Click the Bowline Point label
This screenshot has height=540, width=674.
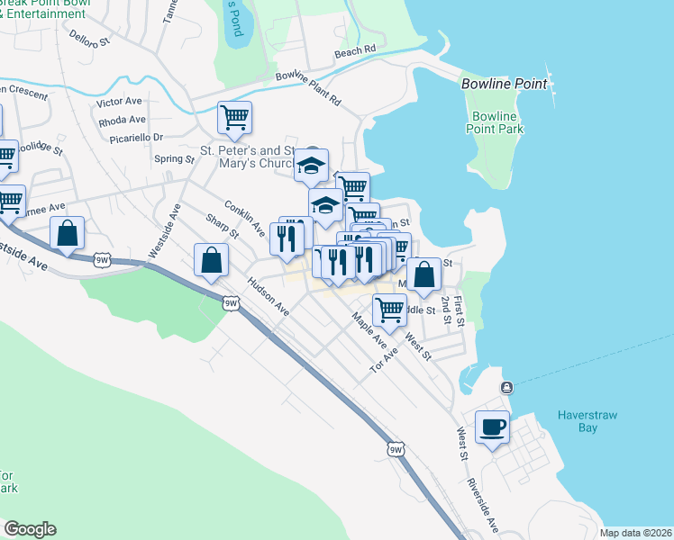[x=504, y=84]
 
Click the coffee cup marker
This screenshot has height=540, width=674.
[x=492, y=428]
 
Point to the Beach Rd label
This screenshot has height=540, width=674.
[x=354, y=52]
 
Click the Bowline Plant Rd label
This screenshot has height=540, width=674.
[x=308, y=88]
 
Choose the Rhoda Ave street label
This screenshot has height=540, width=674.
[x=122, y=120]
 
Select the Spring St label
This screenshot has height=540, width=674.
[x=175, y=159]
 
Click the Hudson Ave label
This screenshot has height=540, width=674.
[x=269, y=296]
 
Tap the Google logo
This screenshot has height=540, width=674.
[x=29, y=529]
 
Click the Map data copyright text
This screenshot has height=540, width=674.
[x=636, y=533]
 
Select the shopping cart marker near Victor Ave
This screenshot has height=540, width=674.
[x=234, y=117]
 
